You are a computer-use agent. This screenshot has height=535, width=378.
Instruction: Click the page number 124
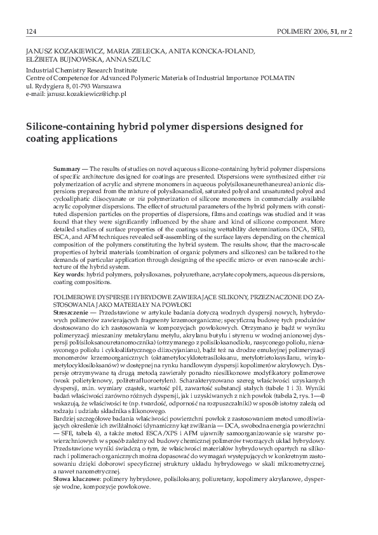click(x=30, y=30)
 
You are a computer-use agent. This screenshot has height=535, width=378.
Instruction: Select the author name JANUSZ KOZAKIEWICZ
click(x=57, y=48)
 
